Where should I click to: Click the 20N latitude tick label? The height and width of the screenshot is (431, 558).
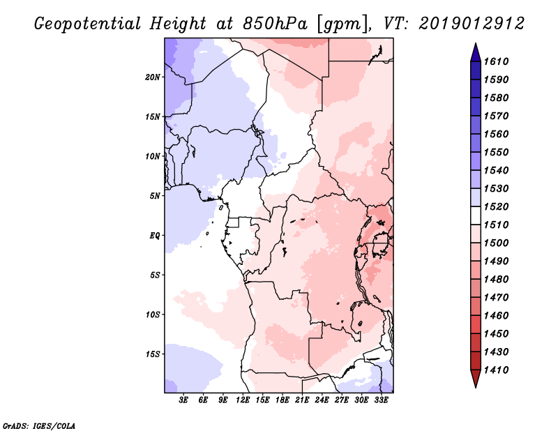(153, 77)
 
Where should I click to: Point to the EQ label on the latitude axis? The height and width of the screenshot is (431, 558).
(155, 235)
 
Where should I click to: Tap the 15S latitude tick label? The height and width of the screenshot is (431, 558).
(153, 354)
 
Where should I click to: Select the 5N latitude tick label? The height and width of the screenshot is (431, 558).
(155, 196)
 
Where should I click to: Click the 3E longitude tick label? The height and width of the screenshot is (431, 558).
(184, 400)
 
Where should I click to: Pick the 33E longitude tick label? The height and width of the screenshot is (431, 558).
(381, 400)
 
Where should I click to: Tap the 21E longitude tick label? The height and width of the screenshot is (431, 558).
(302, 400)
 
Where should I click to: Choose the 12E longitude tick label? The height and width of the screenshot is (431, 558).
(243, 400)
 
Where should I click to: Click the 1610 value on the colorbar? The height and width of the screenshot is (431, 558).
(498, 61)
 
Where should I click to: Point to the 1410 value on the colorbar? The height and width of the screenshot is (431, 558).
(498, 370)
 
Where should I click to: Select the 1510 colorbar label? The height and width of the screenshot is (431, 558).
(498, 225)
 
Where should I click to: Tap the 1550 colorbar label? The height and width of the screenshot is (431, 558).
(498, 152)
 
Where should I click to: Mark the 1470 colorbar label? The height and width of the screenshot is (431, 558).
(498, 297)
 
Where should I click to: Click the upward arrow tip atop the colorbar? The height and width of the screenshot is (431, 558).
(474, 45)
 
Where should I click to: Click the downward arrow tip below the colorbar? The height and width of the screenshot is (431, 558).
(474, 386)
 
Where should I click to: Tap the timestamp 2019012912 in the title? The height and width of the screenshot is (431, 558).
(472, 24)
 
